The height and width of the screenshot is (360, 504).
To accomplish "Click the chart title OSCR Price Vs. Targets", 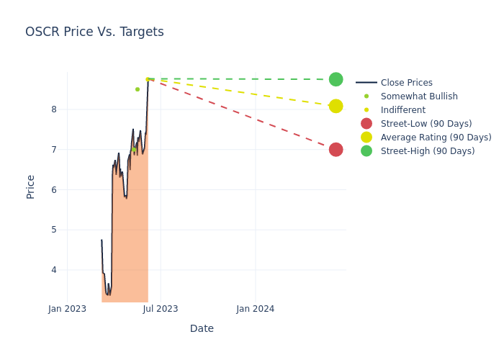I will [x=94, y=32].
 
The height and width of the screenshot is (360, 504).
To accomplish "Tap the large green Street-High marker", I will [x=336, y=79].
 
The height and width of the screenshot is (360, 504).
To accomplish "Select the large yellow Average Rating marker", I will [x=336, y=106].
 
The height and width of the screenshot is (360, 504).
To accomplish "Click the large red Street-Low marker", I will [x=336, y=150].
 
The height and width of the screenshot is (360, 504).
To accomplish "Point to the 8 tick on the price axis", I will [x=53, y=109].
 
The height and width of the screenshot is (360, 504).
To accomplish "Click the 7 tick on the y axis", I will [x=53, y=150].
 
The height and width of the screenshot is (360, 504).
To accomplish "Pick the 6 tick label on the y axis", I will [x=53, y=190].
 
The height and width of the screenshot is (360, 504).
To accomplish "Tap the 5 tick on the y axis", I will [x=53, y=230].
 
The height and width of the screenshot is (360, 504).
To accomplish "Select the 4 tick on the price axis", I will [x=53, y=270].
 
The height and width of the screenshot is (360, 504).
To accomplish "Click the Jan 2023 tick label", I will [x=67, y=309].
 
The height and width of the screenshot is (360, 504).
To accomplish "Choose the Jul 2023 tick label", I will [x=161, y=309].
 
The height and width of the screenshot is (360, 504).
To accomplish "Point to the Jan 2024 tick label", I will [x=255, y=309].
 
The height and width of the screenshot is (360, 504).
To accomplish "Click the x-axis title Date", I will [x=202, y=328].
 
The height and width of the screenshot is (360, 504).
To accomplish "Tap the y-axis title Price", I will [x=31, y=186].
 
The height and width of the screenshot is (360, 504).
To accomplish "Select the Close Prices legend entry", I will [x=406, y=83].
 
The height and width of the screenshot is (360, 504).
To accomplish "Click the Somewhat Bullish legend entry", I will [x=418, y=96].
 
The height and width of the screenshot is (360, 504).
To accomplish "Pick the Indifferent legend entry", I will [x=402, y=110].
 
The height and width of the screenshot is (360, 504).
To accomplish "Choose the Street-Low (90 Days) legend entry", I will [x=426, y=124].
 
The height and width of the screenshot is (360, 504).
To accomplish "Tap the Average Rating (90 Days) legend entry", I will [x=436, y=138].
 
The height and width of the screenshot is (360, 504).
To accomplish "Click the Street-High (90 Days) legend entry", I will [x=427, y=151].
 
